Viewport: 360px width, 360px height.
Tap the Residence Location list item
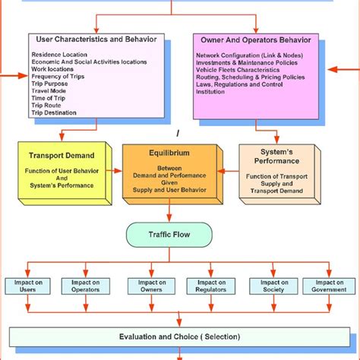pos(59,55)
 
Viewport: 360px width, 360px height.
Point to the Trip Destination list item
pos(54,112)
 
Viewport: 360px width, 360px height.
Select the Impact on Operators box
pos(83,286)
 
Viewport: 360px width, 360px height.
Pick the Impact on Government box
pos(328,286)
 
